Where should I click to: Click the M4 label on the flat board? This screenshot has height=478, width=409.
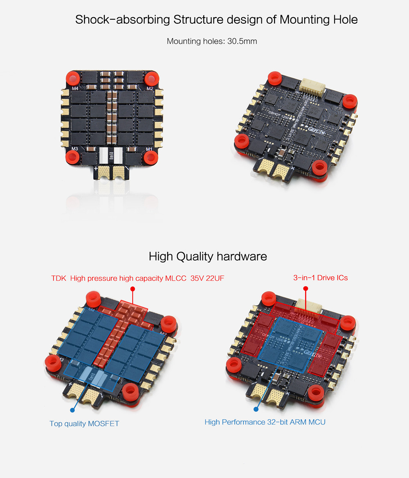point(75,88)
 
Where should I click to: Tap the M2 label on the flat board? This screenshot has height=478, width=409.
point(149,88)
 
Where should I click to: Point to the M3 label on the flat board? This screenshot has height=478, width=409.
point(75,149)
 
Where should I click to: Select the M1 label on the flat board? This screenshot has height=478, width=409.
point(149,149)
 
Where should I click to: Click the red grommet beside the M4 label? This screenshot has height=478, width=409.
point(73,77)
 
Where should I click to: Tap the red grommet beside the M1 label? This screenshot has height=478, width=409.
point(151,157)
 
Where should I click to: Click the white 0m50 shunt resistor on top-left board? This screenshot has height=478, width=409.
point(111,156)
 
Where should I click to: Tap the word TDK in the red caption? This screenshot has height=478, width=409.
point(58,278)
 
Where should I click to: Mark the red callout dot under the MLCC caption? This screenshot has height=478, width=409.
point(132,289)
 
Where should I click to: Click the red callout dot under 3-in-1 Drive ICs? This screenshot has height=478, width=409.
point(306,289)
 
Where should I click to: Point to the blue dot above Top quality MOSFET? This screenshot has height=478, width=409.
point(72,410)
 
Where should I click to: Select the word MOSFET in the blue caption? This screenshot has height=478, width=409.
point(103,424)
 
